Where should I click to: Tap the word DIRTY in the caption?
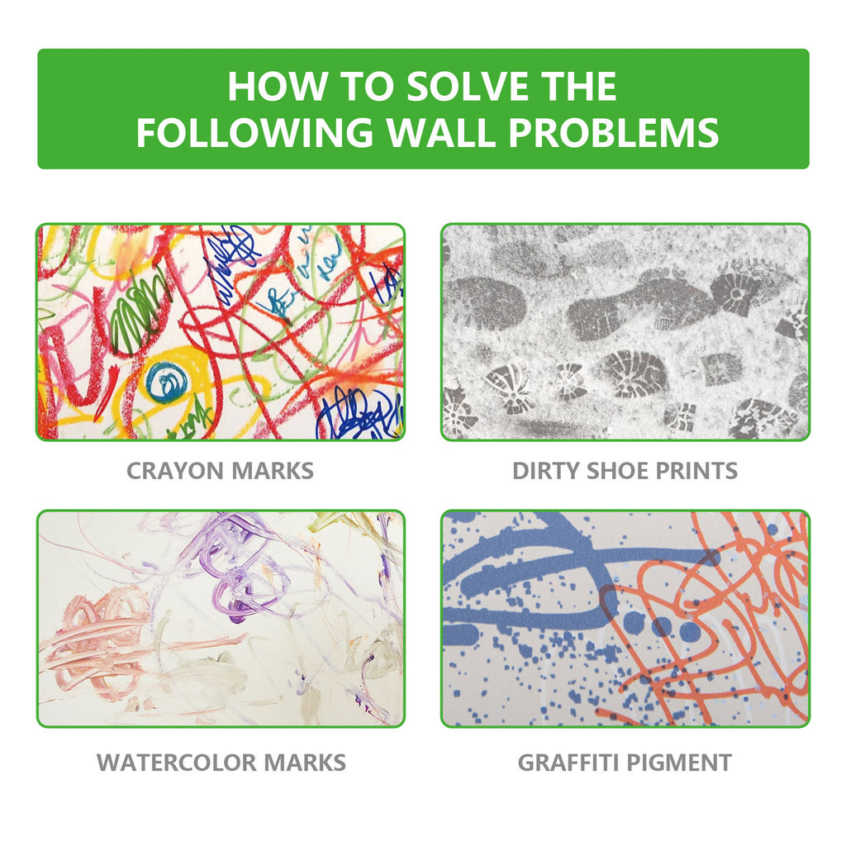click(x=544, y=471)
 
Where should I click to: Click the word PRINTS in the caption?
click(x=698, y=471)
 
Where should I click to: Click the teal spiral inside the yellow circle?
click(x=167, y=383)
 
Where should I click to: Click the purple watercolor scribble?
click(x=235, y=562)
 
